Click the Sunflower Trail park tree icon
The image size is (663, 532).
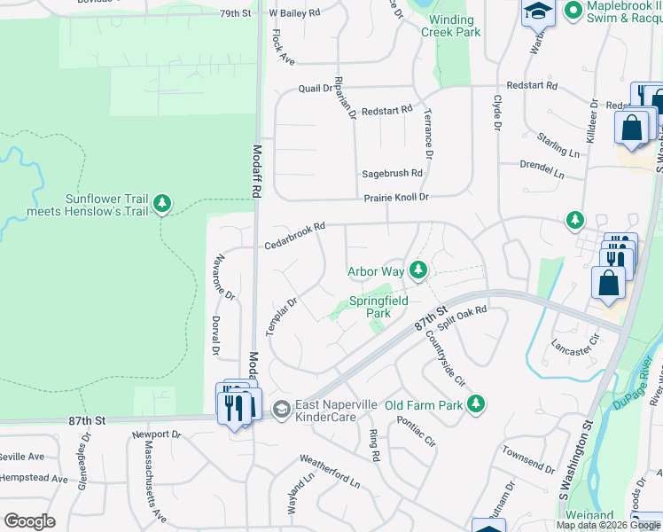161,204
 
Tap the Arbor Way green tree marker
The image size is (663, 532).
421,270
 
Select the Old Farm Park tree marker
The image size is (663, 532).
477,405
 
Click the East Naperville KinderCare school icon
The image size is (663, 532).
281,409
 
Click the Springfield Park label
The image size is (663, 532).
378,307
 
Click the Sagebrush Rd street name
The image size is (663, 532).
391,174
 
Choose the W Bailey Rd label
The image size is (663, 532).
299,14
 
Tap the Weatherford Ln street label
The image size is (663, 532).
330,472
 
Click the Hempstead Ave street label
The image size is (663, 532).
35,479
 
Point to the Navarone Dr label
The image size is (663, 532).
222,277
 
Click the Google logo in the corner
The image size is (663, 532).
29,521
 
